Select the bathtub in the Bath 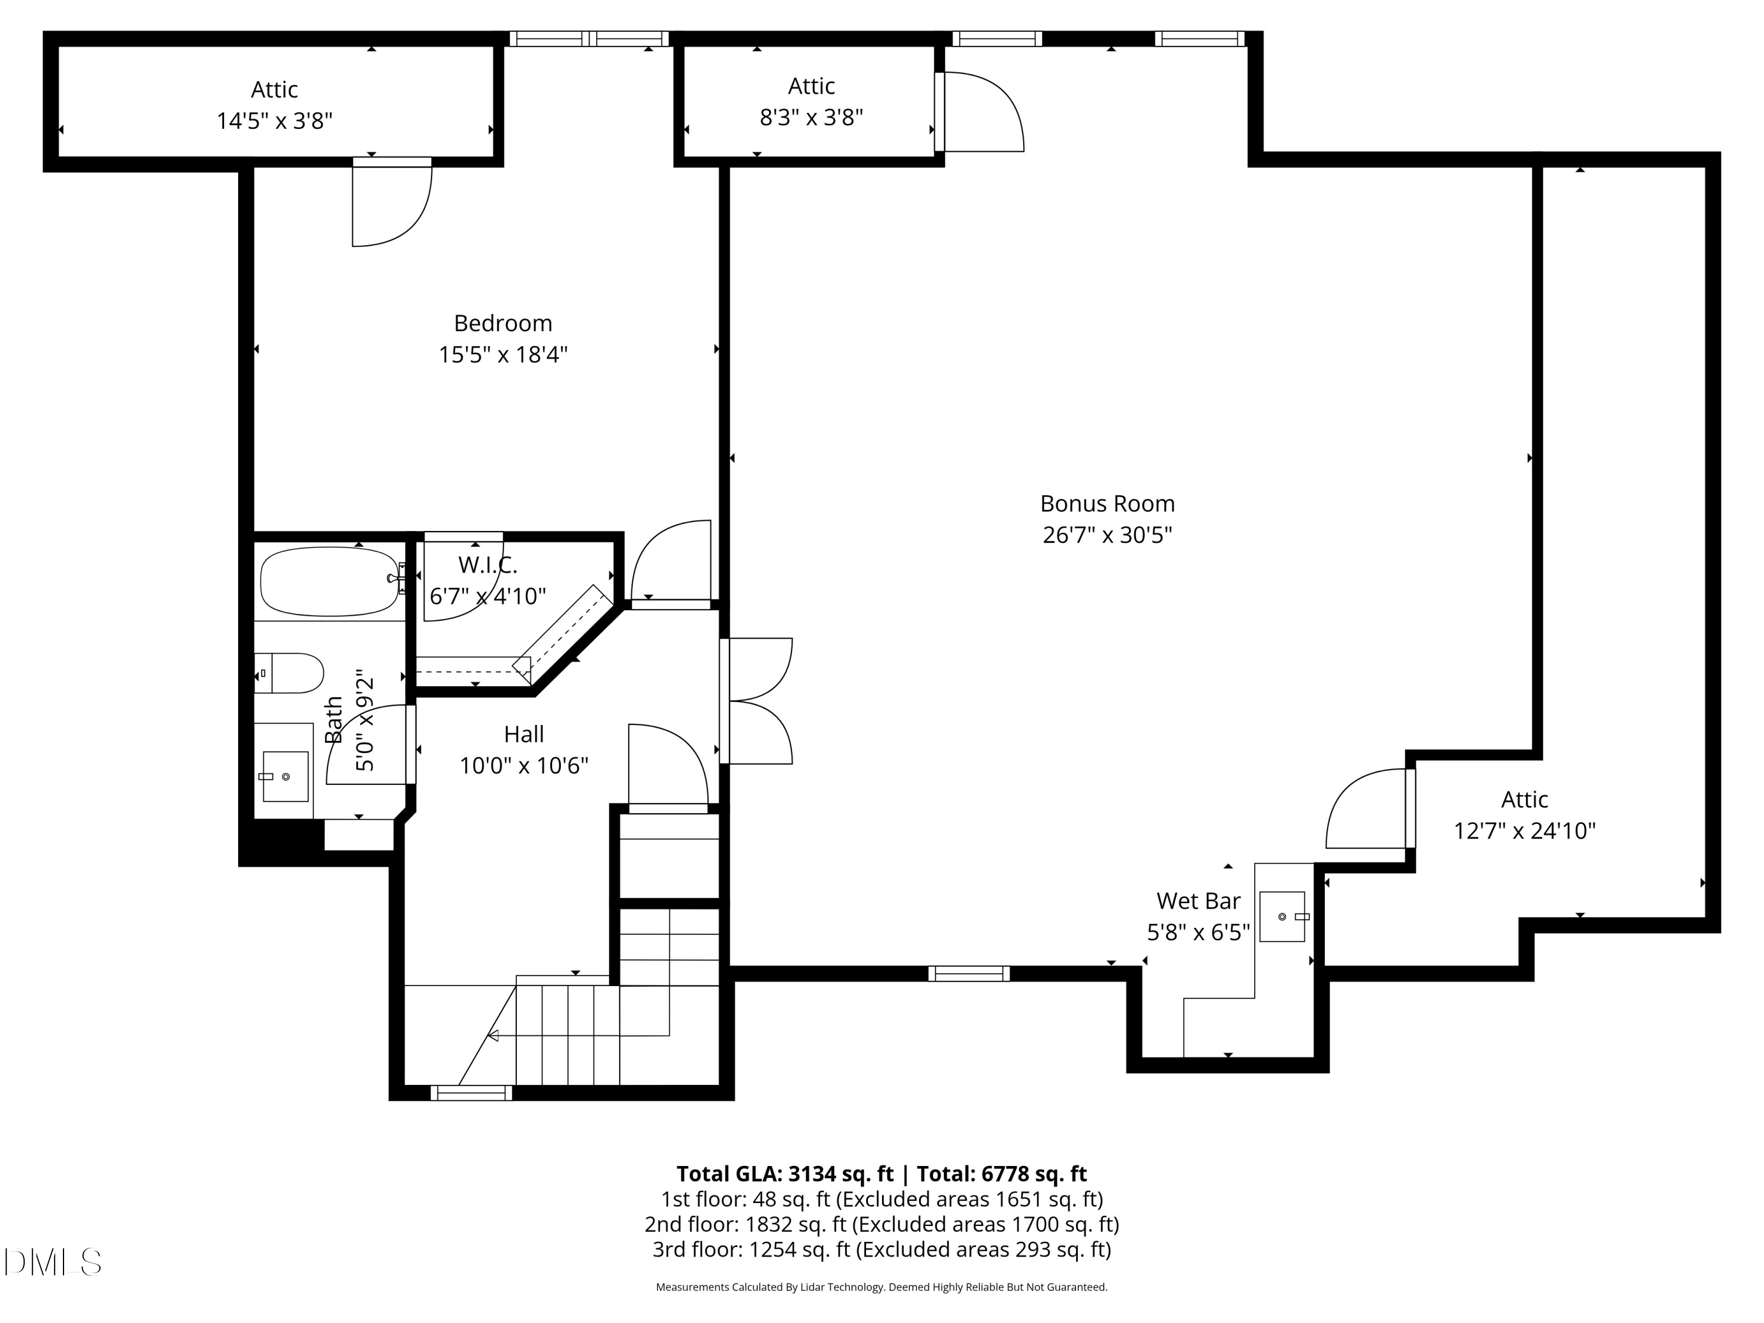[x=329, y=580]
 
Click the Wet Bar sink [x=1281, y=917]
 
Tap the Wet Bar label [x=1198, y=901]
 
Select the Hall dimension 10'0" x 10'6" [x=523, y=766]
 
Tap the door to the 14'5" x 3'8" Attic [x=392, y=203]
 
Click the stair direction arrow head [x=493, y=1036]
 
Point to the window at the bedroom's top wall [x=589, y=38]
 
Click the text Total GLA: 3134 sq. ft [x=786, y=1174]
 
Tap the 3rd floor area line [x=881, y=1249]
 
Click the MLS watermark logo [x=53, y=1262]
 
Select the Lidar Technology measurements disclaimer [x=881, y=1287]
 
